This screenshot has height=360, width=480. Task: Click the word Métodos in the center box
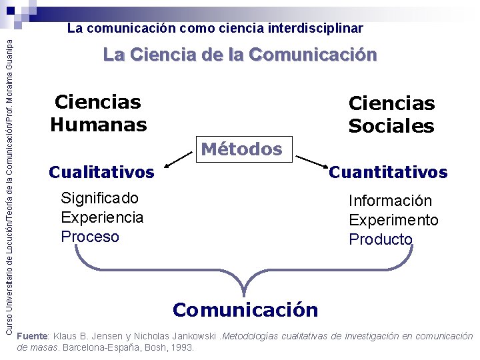click(241, 149)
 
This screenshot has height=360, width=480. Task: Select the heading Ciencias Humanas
click(98, 113)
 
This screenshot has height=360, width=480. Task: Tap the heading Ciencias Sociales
click(391, 114)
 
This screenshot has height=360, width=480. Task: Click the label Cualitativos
click(101, 172)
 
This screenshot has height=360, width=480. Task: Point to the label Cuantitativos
click(388, 172)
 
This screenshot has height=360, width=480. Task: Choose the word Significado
click(99, 198)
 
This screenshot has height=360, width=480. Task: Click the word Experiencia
click(102, 217)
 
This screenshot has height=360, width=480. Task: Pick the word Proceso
click(90, 237)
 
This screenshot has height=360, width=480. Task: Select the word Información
click(390, 201)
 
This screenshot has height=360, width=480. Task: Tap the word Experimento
click(393, 220)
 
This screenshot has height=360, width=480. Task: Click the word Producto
click(381, 239)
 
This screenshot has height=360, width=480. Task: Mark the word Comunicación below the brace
click(245, 309)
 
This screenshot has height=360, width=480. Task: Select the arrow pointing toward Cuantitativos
click(309, 161)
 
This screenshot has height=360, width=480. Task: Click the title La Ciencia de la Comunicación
click(240, 55)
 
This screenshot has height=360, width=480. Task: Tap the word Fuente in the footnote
click(32, 336)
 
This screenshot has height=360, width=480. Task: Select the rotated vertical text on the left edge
click(9, 180)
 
